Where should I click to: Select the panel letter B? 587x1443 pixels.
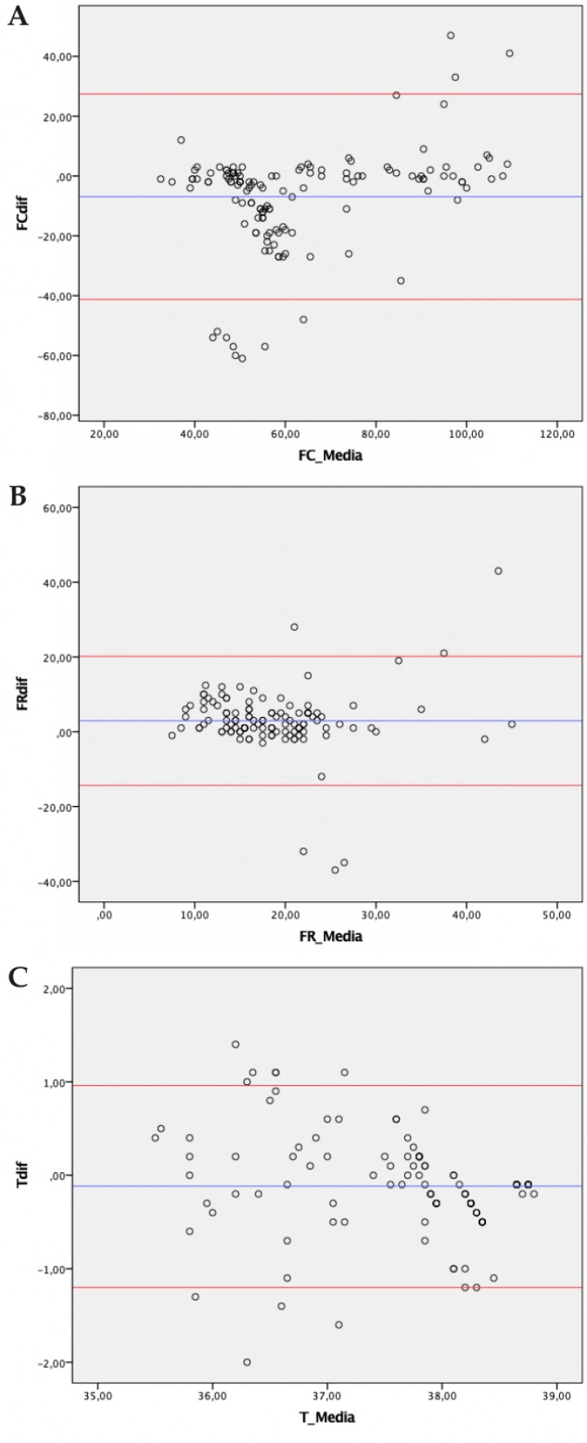pyautogui.click(x=18, y=497)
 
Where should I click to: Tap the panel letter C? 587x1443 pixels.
pyautogui.click(x=18, y=980)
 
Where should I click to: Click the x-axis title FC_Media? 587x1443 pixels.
pyautogui.click(x=330, y=455)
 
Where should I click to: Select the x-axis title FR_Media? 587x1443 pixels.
pyautogui.click(x=330, y=936)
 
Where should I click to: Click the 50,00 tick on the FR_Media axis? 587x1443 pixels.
pyautogui.click(x=556, y=914)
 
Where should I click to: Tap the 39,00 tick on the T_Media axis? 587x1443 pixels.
pyautogui.click(x=556, y=1396)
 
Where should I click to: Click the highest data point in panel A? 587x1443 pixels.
pyautogui.click(x=450, y=35)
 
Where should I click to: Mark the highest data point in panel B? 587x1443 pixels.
pyautogui.click(x=498, y=571)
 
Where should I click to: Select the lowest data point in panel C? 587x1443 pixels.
pyautogui.click(x=247, y=1362)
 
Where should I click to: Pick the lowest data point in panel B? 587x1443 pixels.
pyautogui.click(x=335, y=870)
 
